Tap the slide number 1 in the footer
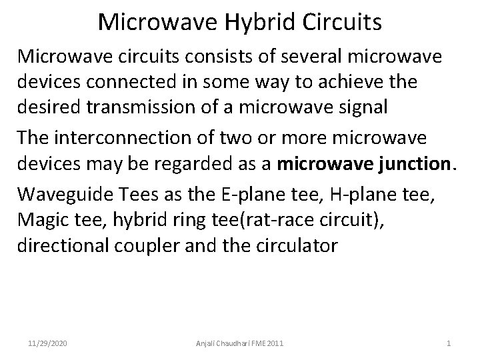pyautogui.click(x=448, y=344)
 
